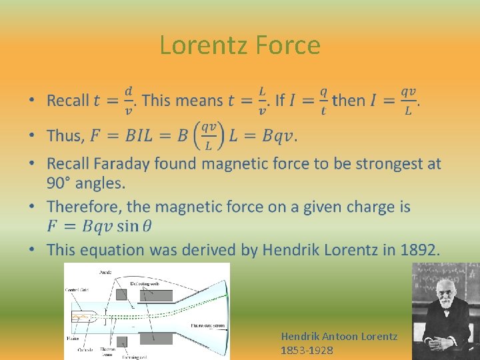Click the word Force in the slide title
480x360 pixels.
click(291, 45)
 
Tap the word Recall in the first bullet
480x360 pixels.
click(67, 101)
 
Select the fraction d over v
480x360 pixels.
click(128, 101)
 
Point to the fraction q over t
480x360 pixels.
click(323, 101)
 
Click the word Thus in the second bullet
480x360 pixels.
click(65, 136)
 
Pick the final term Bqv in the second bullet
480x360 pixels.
click(277, 136)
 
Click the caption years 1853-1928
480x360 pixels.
click(307, 350)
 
